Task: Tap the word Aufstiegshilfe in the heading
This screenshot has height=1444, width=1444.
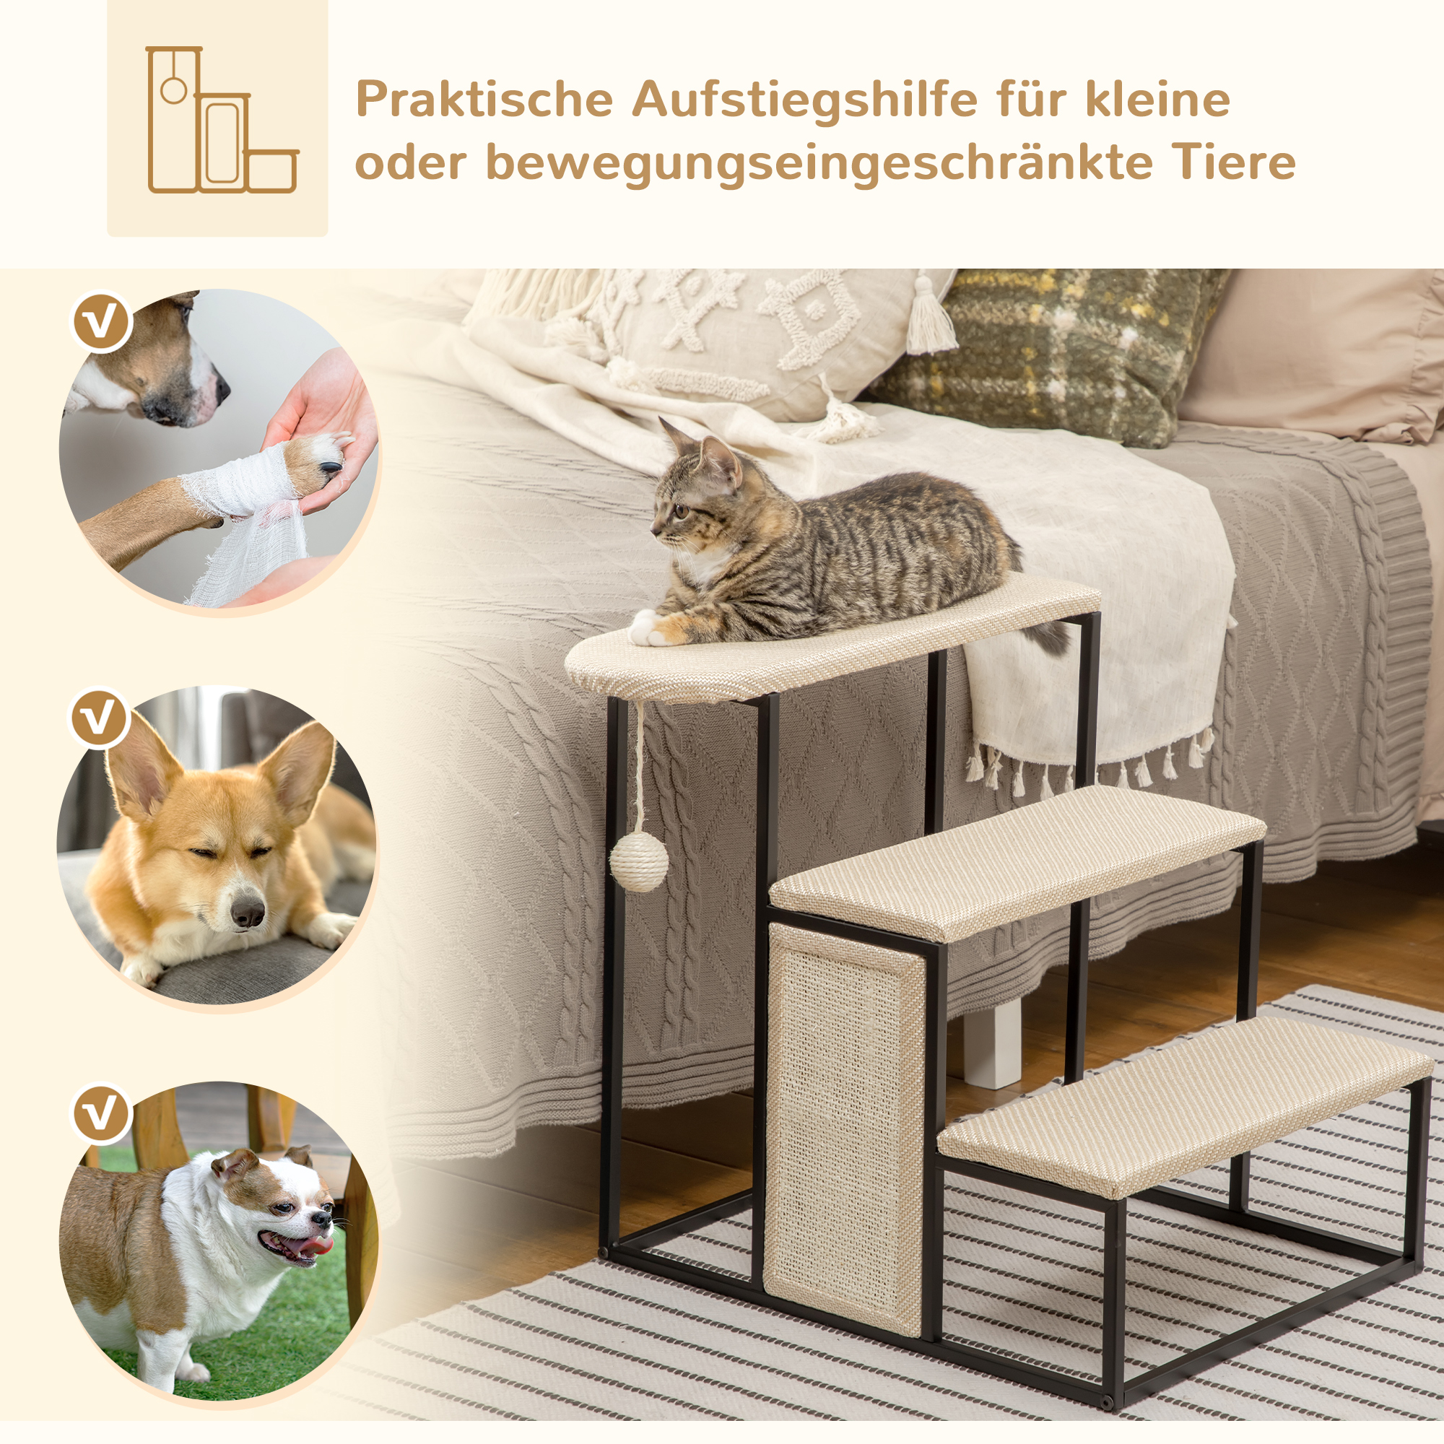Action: (x=805, y=100)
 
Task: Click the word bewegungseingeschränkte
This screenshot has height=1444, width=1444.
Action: (x=819, y=163)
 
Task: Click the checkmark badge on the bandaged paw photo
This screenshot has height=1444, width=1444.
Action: (x=102, y=322)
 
